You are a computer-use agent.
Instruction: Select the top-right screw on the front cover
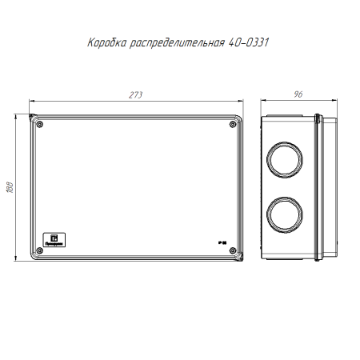(x=232, y=124)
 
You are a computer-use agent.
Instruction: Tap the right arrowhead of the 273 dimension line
(x=240, y=102)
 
